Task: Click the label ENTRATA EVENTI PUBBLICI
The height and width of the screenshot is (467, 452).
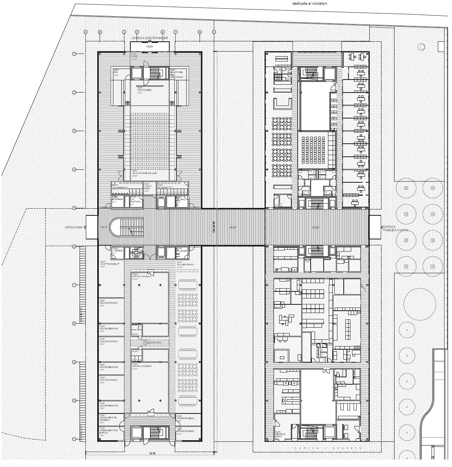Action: [150, 38]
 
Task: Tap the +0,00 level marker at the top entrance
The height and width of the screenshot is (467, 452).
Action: [149, 46]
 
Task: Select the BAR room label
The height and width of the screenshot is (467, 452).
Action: [116, 72]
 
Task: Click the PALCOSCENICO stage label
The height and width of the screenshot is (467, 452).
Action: [144, 90]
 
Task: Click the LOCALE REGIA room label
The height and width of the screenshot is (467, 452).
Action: [148, 187]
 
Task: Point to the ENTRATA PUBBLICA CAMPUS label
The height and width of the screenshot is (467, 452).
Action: [395, 229]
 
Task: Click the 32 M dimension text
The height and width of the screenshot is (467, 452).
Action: [152, 454]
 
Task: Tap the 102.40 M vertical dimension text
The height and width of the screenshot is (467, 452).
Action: [213, 227]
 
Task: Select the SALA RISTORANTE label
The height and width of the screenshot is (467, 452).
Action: [185, 265]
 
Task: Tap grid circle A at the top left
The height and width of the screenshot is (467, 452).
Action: [86, 32]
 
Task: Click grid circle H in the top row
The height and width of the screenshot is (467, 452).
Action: [214, 32]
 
